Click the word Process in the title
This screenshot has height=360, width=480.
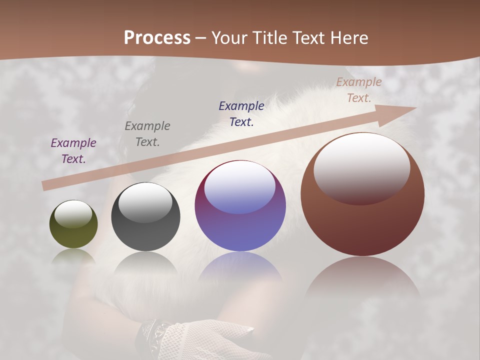click(x=157, y=38)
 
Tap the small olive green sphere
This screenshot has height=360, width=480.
click(x=73, y=224)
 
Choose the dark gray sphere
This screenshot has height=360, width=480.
click(x=145, y=217)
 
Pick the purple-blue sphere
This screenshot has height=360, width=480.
click(x=240, y=206)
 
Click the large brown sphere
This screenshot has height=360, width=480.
click(x=362, y=195)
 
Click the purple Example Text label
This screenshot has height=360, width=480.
click(x=73, y=151)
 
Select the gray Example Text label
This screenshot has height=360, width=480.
click(x=147, y=134)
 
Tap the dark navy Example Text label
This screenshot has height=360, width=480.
click(x=241, y=114)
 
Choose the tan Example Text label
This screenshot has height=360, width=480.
click(x=359, y=90)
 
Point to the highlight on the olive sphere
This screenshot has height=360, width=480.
click(x=73, y=214)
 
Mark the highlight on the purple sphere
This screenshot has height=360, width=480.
click(x=240, y=187)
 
